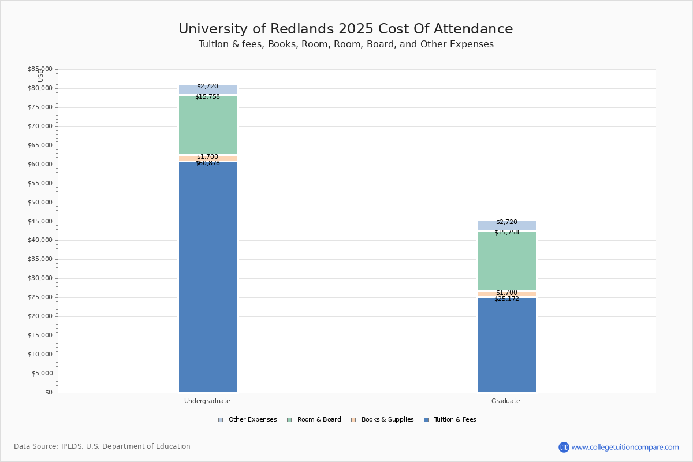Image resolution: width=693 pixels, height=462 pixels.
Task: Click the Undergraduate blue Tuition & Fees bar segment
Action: click(x=208, y=277)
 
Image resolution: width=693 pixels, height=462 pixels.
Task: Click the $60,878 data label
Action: click(x=207, y=163)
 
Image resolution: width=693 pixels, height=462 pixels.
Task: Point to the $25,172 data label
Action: click(x=506, y=299)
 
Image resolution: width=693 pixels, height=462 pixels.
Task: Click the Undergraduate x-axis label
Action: click(x=207, y=401)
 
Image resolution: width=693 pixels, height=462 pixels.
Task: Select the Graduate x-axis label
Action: click(x=506, y=401)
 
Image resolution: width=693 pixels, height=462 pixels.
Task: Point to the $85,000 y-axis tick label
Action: click(x=40, y=69)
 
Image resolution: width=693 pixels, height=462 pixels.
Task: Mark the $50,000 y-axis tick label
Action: click(x=40, y=203)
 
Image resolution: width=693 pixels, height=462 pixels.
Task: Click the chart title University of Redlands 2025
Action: click(x=345, y=29)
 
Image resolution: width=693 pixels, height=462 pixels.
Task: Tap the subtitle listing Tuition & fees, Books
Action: click(x=346, y=44)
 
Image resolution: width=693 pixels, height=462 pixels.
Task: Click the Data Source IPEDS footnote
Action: click(x=102, y=446)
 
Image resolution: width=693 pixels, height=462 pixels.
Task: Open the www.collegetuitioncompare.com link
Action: click(x=625, y=448)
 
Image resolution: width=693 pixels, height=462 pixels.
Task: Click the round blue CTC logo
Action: click(x=564, y=448)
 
